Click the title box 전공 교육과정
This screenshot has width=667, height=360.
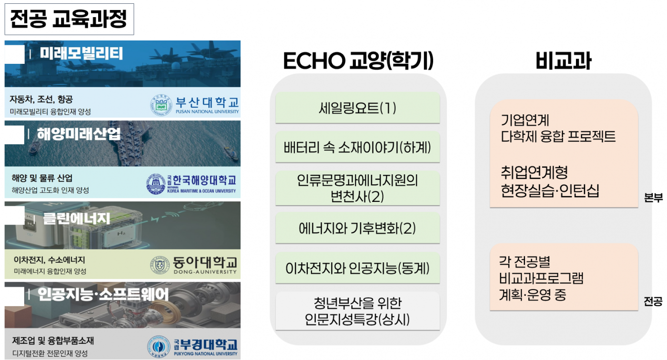click(x=69, y=19)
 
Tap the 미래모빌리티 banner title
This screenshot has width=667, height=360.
click(x=81, y=54)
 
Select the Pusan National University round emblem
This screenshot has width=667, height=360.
click(x=161, y=105)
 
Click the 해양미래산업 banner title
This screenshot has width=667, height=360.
click(x=79, y=134)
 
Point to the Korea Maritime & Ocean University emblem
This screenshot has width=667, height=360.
click(x=156, y=184)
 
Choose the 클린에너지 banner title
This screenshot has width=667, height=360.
click(x=77, y=219)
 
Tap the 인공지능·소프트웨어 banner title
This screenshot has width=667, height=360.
click(x=103, y=294)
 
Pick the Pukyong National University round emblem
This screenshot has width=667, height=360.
click(x=159, y=347)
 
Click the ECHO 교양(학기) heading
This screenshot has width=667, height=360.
click(x=358, y=60)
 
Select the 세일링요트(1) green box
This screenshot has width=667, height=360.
click(x=358, y=108)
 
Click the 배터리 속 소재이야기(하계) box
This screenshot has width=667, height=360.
click(x=358, y=147)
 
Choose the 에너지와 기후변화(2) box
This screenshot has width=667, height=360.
click(x=358, y=228)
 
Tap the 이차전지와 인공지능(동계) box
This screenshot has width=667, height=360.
click(x=358, y=268)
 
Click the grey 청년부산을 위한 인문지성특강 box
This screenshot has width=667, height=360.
click(x=358, y=311)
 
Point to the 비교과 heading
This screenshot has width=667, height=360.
click(x=563, y=61)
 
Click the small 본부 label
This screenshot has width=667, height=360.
click(x=653, y=198)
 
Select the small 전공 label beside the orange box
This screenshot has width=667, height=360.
click(x=653, y=301)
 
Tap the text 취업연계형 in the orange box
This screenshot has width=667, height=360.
click(x=534, y=172)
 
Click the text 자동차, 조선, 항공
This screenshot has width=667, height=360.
click(x=41, y=99)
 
